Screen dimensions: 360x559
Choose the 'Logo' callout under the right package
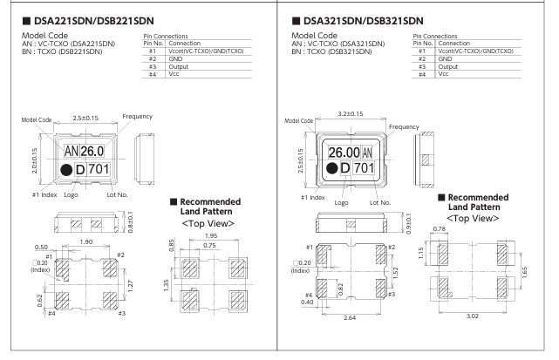coord(343,202)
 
